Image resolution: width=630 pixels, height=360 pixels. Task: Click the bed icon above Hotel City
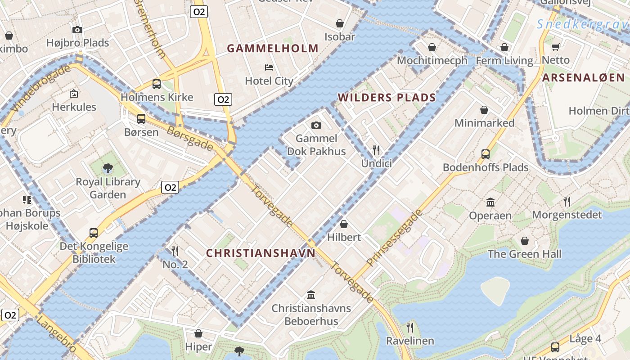269,67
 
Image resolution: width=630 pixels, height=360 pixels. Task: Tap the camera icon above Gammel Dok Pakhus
316,125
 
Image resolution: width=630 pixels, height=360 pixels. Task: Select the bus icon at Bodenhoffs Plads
486,154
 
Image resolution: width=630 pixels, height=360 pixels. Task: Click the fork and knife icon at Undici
376,150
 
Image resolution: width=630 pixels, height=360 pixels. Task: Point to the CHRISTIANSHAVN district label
261,253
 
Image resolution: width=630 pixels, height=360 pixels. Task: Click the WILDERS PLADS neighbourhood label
387,98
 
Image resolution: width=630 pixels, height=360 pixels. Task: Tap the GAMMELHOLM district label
273,49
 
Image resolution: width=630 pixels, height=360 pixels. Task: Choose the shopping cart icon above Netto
556,47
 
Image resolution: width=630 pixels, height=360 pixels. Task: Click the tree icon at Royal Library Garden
108,168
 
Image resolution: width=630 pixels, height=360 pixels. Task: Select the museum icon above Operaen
490,202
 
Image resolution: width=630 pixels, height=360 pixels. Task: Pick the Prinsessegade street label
396,237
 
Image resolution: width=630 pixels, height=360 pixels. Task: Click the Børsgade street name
190,138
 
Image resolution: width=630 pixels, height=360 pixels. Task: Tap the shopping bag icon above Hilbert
344,224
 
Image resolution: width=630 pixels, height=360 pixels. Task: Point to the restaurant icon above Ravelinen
410,327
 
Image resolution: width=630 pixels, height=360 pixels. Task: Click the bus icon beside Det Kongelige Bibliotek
94,233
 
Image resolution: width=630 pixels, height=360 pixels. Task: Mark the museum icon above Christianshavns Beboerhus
311,295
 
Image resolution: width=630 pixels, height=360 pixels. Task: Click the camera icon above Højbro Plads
77,30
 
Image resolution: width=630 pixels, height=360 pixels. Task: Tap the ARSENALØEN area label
584,78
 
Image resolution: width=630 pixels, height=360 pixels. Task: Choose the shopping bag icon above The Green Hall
525,241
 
